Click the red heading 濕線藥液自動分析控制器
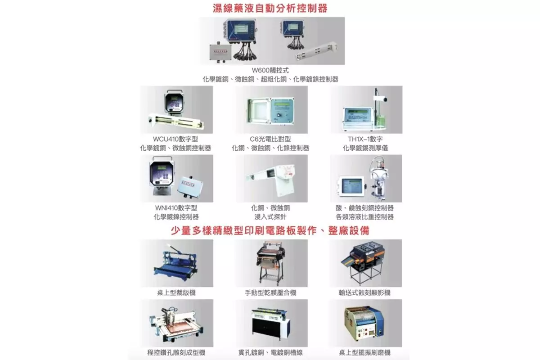tap(270, 8)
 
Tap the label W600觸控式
tap(270, 70)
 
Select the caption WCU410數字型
tap(175, 139)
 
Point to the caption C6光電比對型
tap(270, 139)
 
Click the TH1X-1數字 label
tap(365, 139)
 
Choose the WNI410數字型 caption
tap(176, 208)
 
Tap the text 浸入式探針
tap(270, 217)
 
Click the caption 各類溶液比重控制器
tap(365, 217)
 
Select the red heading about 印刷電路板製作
tap(270, 230)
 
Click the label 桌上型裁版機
tap(176, 293)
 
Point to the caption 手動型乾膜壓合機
tap(270, 293)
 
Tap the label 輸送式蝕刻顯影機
tap(365, 293)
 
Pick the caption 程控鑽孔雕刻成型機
tap(176, 353)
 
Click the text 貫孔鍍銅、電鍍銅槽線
tap(270, 353)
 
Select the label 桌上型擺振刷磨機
tap(365, 353)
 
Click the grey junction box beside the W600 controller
tap(220, 53)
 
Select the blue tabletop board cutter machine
tap(176, 263)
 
